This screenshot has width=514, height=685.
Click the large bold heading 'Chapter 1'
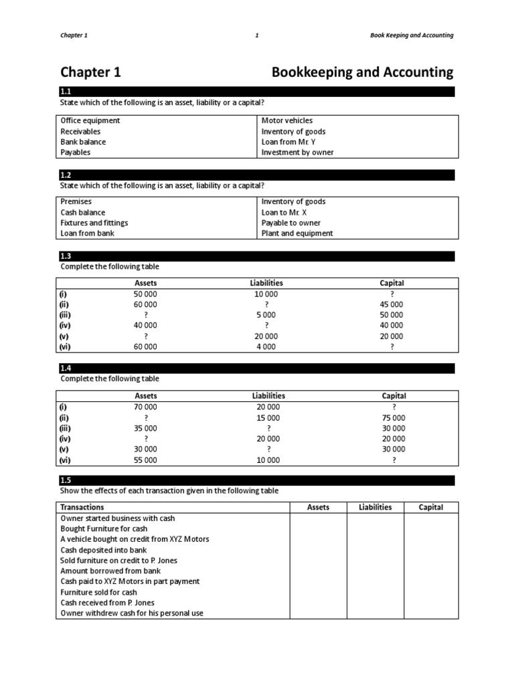coord(90,72)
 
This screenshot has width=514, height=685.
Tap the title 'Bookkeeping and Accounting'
coord(362,72)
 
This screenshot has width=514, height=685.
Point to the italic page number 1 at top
coord(257,35)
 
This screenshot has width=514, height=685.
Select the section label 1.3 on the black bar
coord(66,256)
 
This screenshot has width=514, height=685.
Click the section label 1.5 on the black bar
coord(66,480)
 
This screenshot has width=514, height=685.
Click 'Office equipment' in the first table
coord(90,120)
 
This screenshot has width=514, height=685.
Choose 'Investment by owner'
coord(297,153)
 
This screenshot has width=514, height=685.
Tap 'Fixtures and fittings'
coord(94,223)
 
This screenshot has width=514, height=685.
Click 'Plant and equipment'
coord(296,233)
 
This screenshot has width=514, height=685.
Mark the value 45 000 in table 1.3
coord(392,304)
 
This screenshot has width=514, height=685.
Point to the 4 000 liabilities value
coord(266,347)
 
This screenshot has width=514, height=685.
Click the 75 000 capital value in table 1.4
coord(393,417)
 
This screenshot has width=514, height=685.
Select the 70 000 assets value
coord(145,407)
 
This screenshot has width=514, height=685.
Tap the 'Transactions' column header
coord(82,507)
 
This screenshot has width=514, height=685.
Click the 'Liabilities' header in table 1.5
coord(375,507)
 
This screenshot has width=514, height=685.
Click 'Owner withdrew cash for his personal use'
coord(132,613)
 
